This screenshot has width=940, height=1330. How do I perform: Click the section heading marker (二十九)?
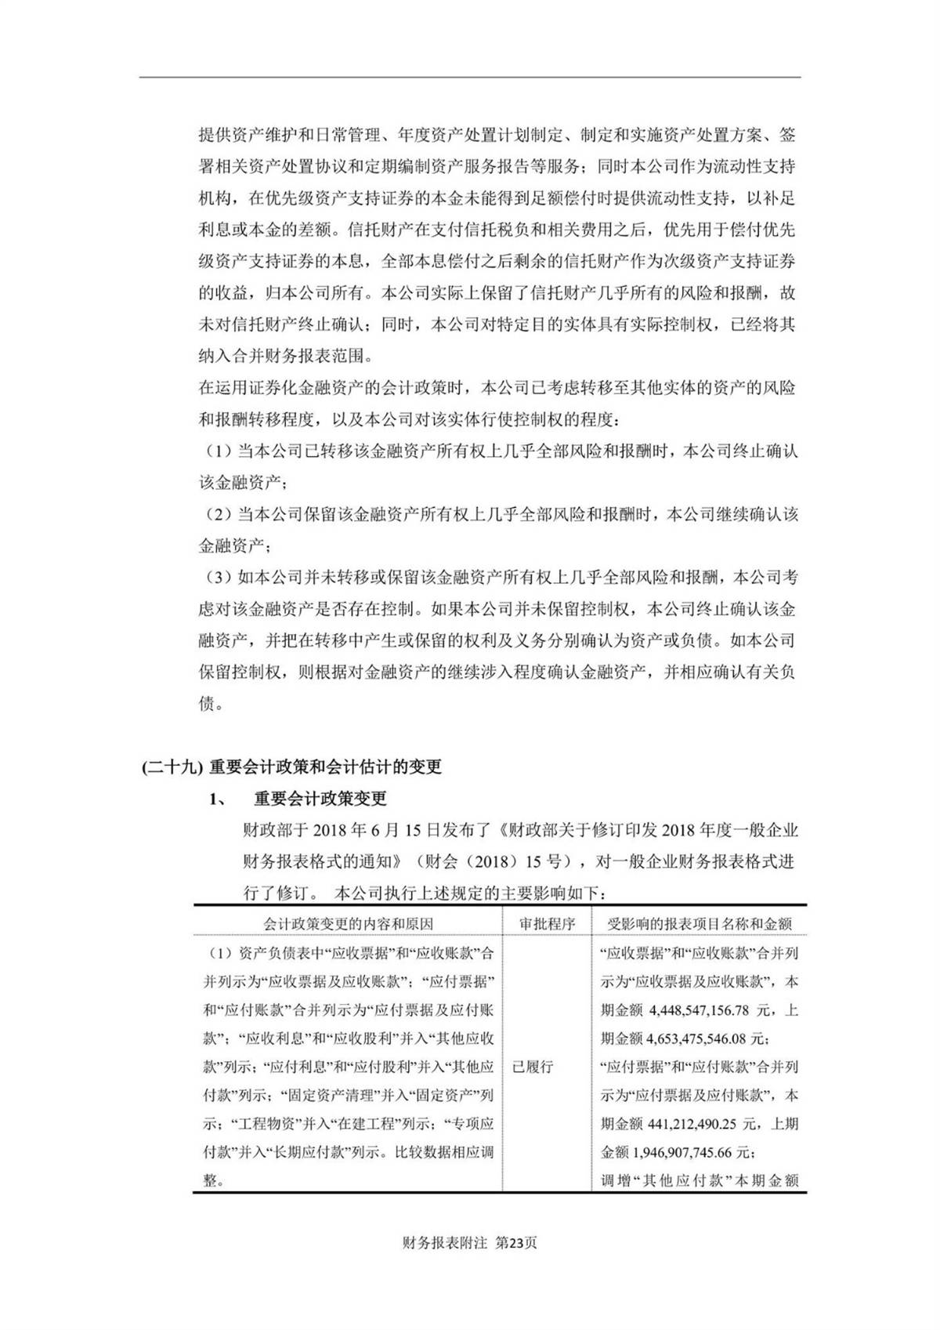click(173, 767)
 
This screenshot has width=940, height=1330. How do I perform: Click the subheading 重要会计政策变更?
click(320, 799)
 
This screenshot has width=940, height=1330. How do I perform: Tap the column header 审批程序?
click(546, 924)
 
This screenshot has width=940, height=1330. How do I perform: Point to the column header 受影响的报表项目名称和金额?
click(700, 924)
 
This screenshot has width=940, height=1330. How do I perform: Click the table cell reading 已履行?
click(533, 1067)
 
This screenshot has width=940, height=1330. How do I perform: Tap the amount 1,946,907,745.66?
click(698, 1152)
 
